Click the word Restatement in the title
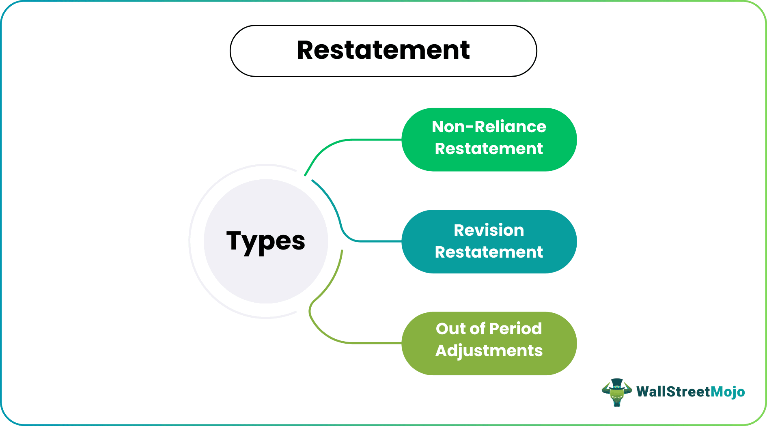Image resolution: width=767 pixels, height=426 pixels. tap(383, 50)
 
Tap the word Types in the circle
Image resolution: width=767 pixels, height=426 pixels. tap(265, 241)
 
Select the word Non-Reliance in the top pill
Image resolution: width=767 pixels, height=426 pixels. tap(489, 127)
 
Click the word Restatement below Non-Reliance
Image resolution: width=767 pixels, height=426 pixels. tap(489, 149)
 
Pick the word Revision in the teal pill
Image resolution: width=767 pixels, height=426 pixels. tap(489, 230)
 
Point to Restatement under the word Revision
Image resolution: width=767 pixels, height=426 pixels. tap(489, 252)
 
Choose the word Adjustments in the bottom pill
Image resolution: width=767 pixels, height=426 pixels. tap(489, 351)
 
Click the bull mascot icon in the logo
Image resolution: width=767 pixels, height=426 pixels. tap(617, 393)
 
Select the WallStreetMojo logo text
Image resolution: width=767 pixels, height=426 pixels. tap(690, 392)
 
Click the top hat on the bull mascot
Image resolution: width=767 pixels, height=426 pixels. tap(617, 383)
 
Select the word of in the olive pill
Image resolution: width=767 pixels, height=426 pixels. tap(477, 329)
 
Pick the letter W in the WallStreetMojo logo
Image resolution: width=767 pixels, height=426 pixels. tap(643, 392)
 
